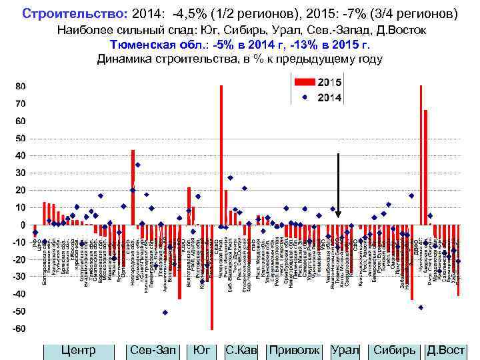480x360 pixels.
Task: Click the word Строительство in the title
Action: pyautogui.click(x=65, y=13)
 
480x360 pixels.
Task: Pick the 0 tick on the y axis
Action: pyautogui.click(x=23, y=225)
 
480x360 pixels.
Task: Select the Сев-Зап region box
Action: pyautogui.click(x=153, y=350)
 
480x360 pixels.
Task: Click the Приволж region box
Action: pyautogui.click(x=293, y=350)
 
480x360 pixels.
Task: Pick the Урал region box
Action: pyautogui.click(x=345, y=350)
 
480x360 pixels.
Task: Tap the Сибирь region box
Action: pyautogui.click(x=394, y=350)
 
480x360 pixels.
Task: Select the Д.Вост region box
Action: pyautogui.click(x=445, y=350)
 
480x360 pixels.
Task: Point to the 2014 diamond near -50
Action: pyautogui.click(x=165, y=312)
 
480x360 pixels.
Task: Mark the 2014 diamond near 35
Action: pyautogui.click(x=138, y=165)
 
